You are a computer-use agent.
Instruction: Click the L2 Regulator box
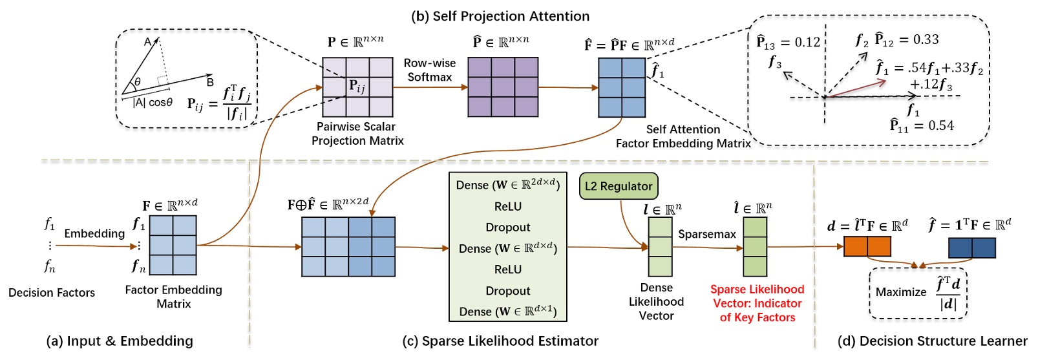coord(619,186)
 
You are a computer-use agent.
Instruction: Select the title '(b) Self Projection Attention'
coord(500,16)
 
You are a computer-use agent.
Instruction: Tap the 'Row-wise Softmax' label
coord(430,70)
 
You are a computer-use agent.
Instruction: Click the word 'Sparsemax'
coord(706,234)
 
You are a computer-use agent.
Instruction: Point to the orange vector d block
coord(867,246)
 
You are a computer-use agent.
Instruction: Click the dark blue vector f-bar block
coord(971,248)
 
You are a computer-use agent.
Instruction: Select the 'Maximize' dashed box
coord(918,293)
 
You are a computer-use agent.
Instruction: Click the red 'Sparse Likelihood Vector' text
coord(757,303)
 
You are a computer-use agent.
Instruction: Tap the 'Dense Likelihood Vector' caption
coord(656,302)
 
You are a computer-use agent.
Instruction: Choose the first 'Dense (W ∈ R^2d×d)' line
coord(507,185)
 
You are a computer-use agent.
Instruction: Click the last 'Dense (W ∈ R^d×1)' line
coord(507,312)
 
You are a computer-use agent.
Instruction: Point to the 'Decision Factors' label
coord(52,293)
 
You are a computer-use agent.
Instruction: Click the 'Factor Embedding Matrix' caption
coord(173,297)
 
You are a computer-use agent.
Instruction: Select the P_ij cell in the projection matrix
coord(357,87)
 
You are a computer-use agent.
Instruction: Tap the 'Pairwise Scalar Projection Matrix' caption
coord(357,134)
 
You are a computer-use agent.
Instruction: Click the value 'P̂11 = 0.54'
coord(922,125)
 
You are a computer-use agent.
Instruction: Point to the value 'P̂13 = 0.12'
coord(788,43)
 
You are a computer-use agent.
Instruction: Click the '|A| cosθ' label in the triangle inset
coord(153,103)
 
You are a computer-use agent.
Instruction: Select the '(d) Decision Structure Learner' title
coord(932,341)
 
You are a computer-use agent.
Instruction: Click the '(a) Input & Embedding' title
coord(120,341)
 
